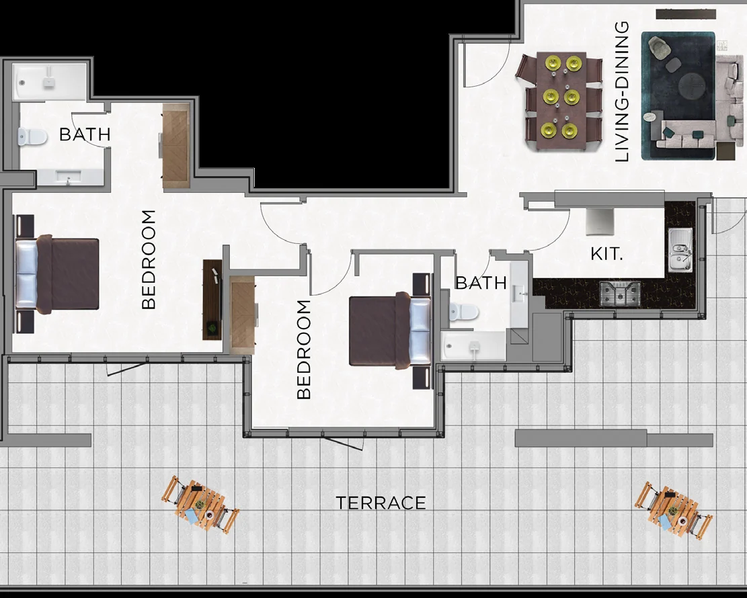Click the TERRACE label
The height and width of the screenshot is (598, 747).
(x=381, y=503)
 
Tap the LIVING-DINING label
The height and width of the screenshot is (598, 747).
(x=622, y=91)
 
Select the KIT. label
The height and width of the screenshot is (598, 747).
(x=606, y=254)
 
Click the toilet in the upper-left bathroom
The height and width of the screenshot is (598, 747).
(x=33, y=137)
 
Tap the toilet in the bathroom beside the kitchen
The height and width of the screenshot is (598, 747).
(x=463, y=312)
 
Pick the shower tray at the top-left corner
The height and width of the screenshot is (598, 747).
(x=48, y=83)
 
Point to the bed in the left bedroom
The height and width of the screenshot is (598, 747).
(x=57, y=273)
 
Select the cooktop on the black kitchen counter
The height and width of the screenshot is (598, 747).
(x=619, y=293)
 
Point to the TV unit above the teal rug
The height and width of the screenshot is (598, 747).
(x=686, y=14)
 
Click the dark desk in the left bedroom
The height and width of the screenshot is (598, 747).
(x=212, y=300)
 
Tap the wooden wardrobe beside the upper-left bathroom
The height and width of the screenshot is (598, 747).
(x=177, y=146)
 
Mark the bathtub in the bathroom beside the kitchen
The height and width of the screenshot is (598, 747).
(x=473, y=345)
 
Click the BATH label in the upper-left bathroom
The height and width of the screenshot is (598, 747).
(x=85, y=135)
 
